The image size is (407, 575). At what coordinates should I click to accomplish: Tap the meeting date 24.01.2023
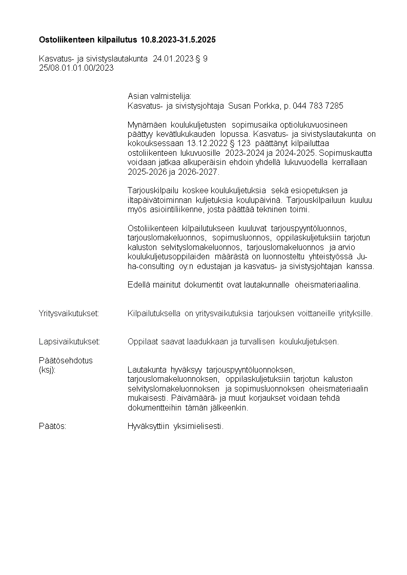click(x=173, y=59)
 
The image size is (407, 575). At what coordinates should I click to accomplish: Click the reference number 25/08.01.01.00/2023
click(x=76, y=67)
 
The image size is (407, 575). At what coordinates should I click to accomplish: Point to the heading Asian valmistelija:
click(x=159, y=96)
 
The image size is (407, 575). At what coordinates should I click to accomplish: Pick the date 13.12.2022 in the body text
click(x=192, y=143)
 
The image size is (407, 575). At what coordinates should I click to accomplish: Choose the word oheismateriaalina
click(x=328, y=285)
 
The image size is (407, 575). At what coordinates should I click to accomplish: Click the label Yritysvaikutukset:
click(x=69, y=313)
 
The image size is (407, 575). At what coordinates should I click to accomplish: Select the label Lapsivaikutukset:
click(x=70, y=341)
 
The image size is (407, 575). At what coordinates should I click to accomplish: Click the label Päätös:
click(x=52, y=426)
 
